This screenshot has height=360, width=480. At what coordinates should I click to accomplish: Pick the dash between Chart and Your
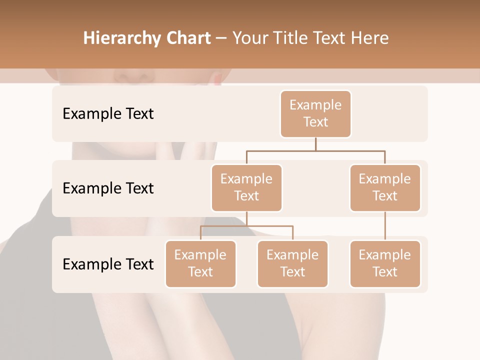point(221,39)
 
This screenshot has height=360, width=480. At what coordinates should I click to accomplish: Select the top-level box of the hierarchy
point(315,113)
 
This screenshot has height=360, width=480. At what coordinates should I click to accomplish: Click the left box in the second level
point(246,187)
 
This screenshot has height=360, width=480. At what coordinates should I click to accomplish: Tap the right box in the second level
point(385,187)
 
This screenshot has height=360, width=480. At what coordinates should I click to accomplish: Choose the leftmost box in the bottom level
point(200,263)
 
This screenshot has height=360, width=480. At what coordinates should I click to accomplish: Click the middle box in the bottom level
point(292,263)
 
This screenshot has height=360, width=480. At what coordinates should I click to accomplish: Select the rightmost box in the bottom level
point(385,263)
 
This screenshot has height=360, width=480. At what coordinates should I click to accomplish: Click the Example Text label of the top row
point(108,113)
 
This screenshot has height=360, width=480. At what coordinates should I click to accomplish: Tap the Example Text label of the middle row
point(108,188)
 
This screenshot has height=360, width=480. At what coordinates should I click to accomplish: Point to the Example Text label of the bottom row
point(108,264)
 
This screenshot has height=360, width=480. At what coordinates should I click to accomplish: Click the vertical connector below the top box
point(315,144)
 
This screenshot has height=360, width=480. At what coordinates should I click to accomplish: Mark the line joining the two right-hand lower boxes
point(385,226)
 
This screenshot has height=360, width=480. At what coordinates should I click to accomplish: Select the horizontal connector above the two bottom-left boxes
point(246,226)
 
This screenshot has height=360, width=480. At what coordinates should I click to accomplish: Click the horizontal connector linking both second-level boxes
point(315,150)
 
